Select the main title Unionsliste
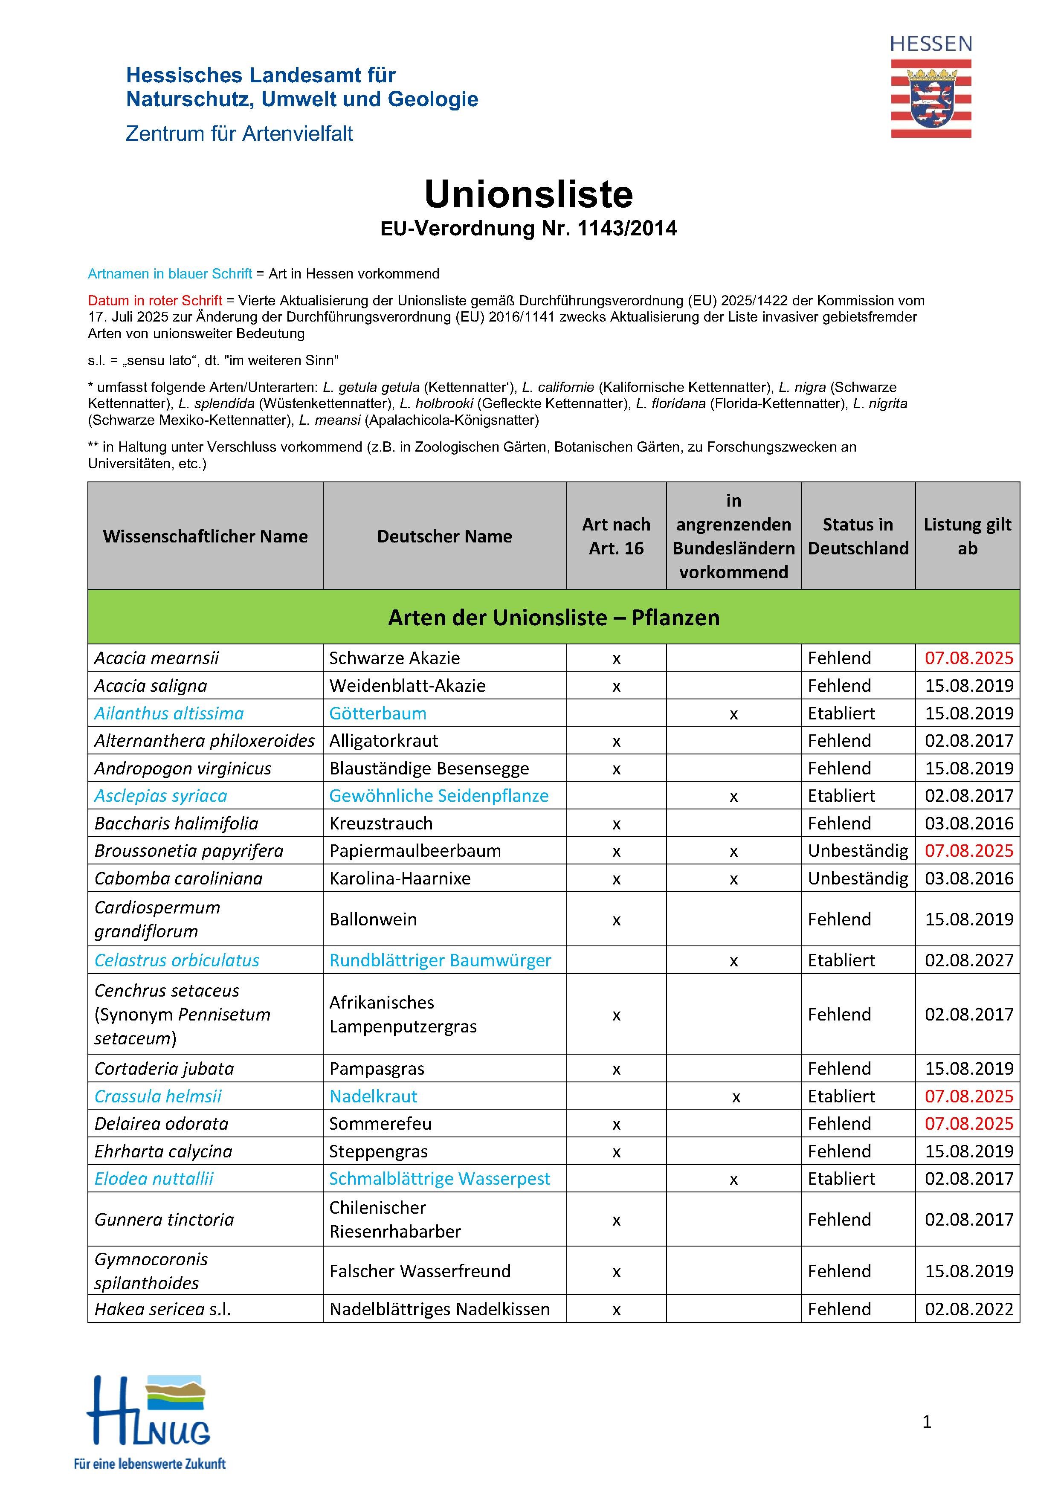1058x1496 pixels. coord(528,194)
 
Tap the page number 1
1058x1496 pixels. coord(926,1422)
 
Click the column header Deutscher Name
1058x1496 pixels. coord(444,536)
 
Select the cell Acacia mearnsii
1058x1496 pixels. coord(157,658)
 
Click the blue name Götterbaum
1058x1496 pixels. coord(377,713)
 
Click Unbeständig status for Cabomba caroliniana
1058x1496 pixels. coord(857,878)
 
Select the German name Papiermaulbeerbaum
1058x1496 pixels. coord(415,851)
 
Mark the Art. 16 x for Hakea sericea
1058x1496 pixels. coord(616,1310)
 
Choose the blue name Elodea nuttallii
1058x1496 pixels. coord(154,1179)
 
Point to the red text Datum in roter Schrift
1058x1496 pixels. coord(155,300)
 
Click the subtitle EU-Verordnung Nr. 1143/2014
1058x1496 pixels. coord(528,229)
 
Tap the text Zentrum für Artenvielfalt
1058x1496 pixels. coord(239,133)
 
